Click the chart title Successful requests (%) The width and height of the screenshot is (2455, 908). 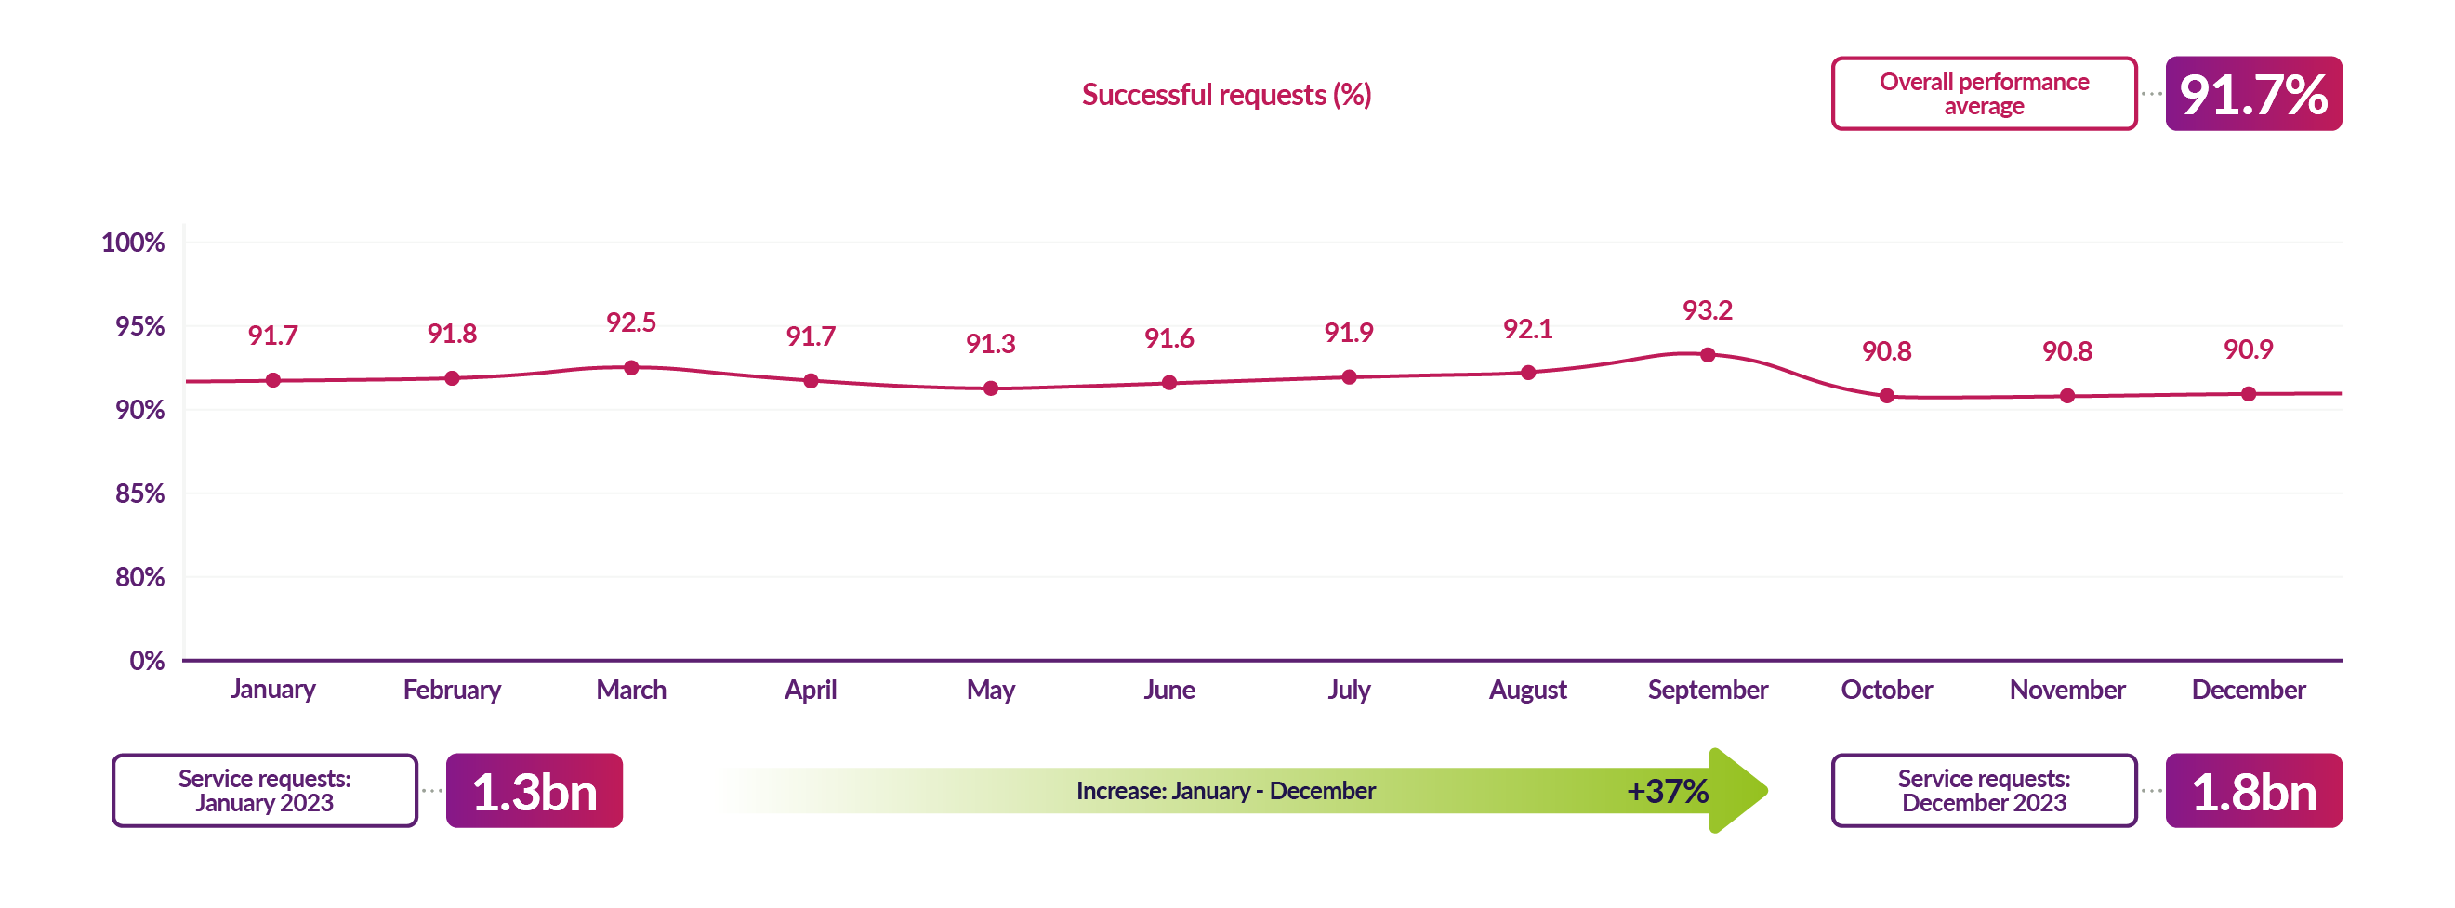tap(1225, 94)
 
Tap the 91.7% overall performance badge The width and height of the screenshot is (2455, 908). tap(2252, 94)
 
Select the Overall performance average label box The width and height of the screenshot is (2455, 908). tap(1984, 94)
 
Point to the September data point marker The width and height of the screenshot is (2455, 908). tap(1707, 355)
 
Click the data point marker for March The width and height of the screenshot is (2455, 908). tap(631, 368)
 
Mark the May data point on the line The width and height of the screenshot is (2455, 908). tap(990, 388)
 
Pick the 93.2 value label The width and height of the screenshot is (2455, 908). tap(1707, 310)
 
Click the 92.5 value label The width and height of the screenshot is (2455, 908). tap(631, 323)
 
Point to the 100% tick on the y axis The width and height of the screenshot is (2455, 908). tap(134, 243)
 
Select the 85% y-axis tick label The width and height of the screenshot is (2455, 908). tap(140, 493)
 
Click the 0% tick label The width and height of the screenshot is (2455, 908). tap(147, 660)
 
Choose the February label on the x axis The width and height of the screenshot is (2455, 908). tap(452, 690)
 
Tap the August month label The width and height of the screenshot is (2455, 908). tap(1526, 690)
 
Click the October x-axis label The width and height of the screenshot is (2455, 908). tap(1886, 690)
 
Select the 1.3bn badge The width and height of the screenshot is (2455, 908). tap(534, 792)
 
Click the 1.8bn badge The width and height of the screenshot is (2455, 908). tap(2253, 792)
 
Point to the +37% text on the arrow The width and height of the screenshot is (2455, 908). tap(1667, 792)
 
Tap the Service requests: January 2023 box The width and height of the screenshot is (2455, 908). tap(265, 792)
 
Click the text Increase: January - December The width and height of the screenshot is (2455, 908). tap(1225, 792)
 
